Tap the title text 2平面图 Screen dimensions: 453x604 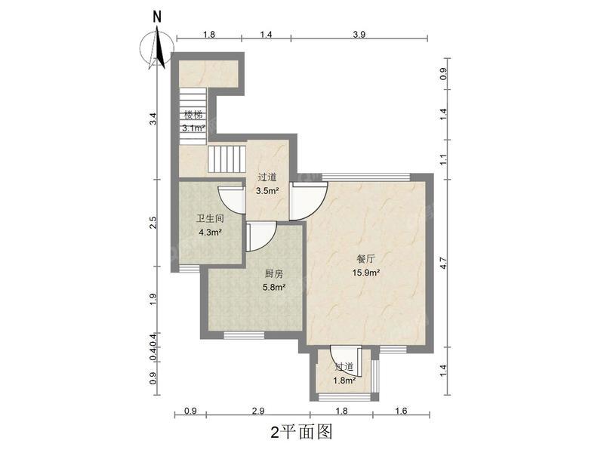pos(301,432)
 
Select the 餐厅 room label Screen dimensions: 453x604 pos(367,257)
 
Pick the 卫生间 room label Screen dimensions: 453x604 pos(210,218)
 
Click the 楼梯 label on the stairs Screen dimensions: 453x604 pos(193,116)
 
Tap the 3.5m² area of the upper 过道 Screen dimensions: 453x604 pos(267,191)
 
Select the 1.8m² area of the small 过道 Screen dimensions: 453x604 pos(344,380)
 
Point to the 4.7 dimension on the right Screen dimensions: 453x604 pos(444,263)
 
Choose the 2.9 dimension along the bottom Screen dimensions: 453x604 pos(257,411)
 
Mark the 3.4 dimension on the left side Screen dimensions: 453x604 pos(153,118)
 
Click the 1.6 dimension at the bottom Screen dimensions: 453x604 pos(400,411)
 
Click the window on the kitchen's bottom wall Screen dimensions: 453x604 pos(244,334)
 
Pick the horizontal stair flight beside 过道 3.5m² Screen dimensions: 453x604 pos(227,159)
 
